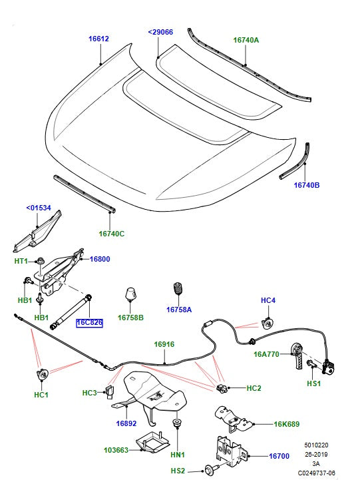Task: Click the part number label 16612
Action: pos(98,39)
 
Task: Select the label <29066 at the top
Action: pos(160,31)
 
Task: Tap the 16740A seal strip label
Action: pos(246,40)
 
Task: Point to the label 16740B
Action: pos(307,185)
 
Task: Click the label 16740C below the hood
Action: pos(112,233)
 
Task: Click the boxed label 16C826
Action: pos(89,323)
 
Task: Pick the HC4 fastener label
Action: pos(268,301)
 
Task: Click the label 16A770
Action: pos(267,355)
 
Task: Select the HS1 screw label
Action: pos(313,384)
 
